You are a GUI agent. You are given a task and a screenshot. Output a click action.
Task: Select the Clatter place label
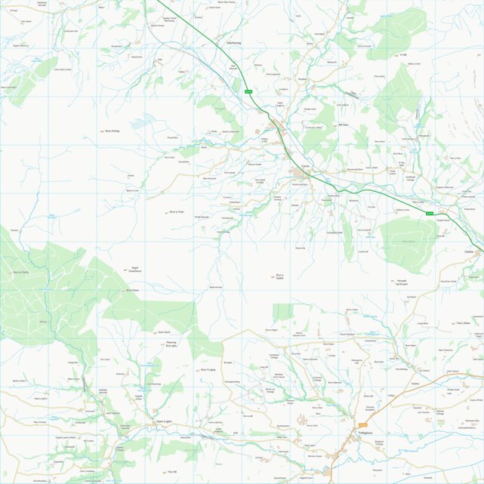click(469, 251)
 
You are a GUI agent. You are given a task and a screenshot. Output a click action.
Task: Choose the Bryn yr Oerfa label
click(20, 272)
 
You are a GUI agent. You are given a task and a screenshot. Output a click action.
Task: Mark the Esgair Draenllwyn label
click(131, 270)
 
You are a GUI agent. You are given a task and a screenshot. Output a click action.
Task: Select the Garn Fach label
click(164, 331)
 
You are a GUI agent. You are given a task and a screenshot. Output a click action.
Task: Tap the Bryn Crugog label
click(208, 370)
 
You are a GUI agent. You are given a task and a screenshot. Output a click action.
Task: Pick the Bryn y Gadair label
click(279, 276)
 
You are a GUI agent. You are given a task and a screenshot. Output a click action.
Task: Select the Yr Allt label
click(402, 54)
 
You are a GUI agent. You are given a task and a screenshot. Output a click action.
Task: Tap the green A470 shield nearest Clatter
click(430, 214)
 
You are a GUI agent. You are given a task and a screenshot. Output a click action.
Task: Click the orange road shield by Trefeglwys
click(362, 425)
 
